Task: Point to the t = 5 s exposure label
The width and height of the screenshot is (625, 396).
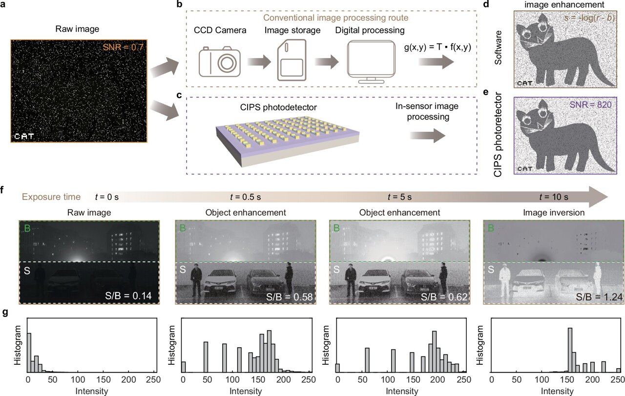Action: point(399,197)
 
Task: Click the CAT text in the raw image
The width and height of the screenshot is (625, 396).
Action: point(24,136)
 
